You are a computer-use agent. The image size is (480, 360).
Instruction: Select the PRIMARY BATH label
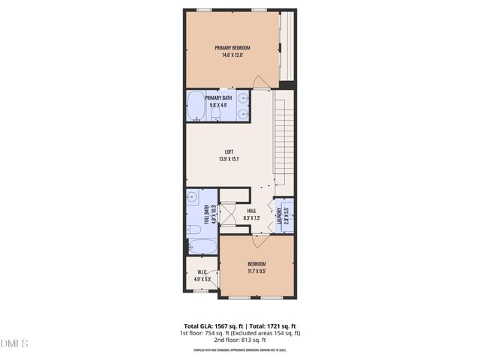pyautogui.click(x=218, y=98)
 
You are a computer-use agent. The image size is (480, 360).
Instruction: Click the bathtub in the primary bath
pyautogui.click(x=196, y=106)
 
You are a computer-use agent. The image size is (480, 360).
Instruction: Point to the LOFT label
pyautogui.click(x=229, y=151)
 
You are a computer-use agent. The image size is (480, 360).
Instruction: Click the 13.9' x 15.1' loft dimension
pyautogui.click(x=229, y=159)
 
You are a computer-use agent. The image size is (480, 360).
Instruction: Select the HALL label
pyautogui.click(x=252, y=211)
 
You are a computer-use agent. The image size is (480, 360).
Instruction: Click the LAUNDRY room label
pyautogui.click(x=279, y=216)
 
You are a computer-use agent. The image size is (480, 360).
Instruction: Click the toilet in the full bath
pyautogui.click(x=193, y=229)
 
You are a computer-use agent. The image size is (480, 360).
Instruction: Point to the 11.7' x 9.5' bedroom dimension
pyautogui.click(x=256, y=271)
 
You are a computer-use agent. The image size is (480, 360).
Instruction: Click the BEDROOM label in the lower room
pyautogui.click(x=256, y=264)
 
